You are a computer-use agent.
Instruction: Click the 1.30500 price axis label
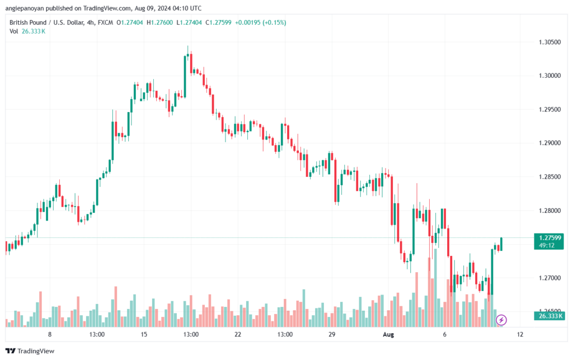pyautogui.click(x=549, y=42)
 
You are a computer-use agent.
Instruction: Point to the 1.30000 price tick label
pyautogui.click(x=549, y=76)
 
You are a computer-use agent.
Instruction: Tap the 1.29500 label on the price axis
pyautogui.click(x=549, y=109)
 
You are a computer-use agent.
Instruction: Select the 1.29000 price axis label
pyautogui.click(x=549, y=143)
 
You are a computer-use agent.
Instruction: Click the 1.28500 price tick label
pyautogui.click(x=549, y=177)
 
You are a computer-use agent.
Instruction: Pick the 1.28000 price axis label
pyautogui.click(x=549, y=211)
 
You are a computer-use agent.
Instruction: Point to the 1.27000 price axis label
pyautogui.click(x=549, y=278)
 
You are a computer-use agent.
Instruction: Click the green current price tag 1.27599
pyautogui.click(x=548, y=241)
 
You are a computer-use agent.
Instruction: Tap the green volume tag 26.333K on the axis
pyautogui.click(x=549, y=316)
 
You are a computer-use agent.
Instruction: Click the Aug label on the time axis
pyautogui.click(x=388, y=334)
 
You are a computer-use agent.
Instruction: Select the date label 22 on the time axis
pyautogui.click(x=238, y=334)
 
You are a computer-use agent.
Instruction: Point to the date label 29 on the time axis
pyautogui.click(x=332, y=334)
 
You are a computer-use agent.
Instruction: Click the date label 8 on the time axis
pyautogui.click(x=50, y=334)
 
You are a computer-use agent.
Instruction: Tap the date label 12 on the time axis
pyautogui.click(x=520, y=334)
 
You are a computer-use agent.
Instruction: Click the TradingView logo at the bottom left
pyautogui.click(x=30, y=351)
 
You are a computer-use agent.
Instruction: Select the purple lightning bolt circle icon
pyautogui.click(x=501, y=320)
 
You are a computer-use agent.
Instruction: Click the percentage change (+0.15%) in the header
pyautogui.click(x=274, y=22)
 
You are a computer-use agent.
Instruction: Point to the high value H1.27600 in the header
pyautogui.click(x=159, y=22)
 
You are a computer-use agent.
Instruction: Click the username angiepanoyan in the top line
pyautogui.click(x=25, y=8)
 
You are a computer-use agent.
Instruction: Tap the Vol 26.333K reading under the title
pyautogui.click(x=27, y=31)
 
